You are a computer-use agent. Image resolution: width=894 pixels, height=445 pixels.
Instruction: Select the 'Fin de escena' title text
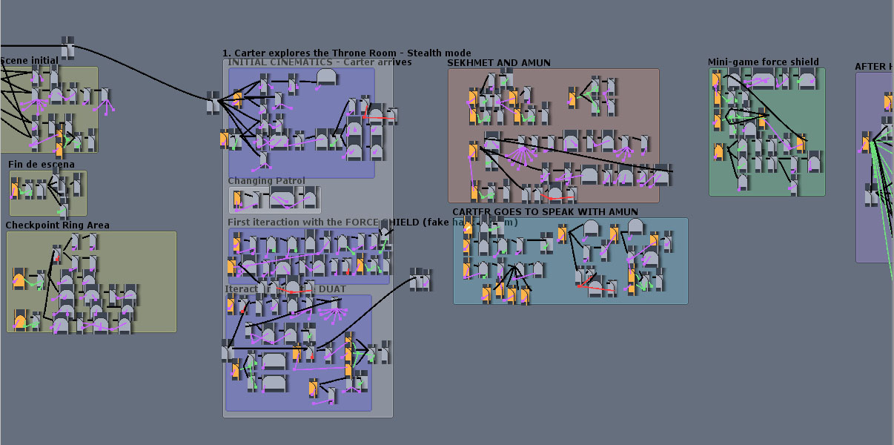(x=42, y=165)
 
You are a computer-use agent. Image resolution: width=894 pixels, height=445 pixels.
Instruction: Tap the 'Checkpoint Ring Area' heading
(x=58, y=225)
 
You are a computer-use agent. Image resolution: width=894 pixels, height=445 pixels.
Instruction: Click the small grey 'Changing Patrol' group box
(x=275, y=200)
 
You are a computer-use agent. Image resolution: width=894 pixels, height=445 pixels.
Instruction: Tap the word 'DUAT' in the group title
(x=332, y=289)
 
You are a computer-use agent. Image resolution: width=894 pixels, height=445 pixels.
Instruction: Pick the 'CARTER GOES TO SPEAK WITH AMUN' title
(x=545, y=212)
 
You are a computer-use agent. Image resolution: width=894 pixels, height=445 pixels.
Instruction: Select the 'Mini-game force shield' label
(x=764, y=62)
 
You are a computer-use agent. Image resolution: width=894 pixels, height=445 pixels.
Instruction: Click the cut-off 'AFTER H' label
(x=873, y=67)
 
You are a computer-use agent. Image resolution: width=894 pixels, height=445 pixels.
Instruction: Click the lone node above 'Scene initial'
(x=67, y=47)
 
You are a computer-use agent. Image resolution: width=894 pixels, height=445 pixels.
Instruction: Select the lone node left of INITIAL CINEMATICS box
(x=213, y=103)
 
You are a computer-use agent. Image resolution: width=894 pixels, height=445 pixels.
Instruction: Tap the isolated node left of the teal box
(x=420, y=280)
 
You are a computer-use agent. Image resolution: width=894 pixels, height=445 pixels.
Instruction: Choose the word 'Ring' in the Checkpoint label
(x=75, y=225)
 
